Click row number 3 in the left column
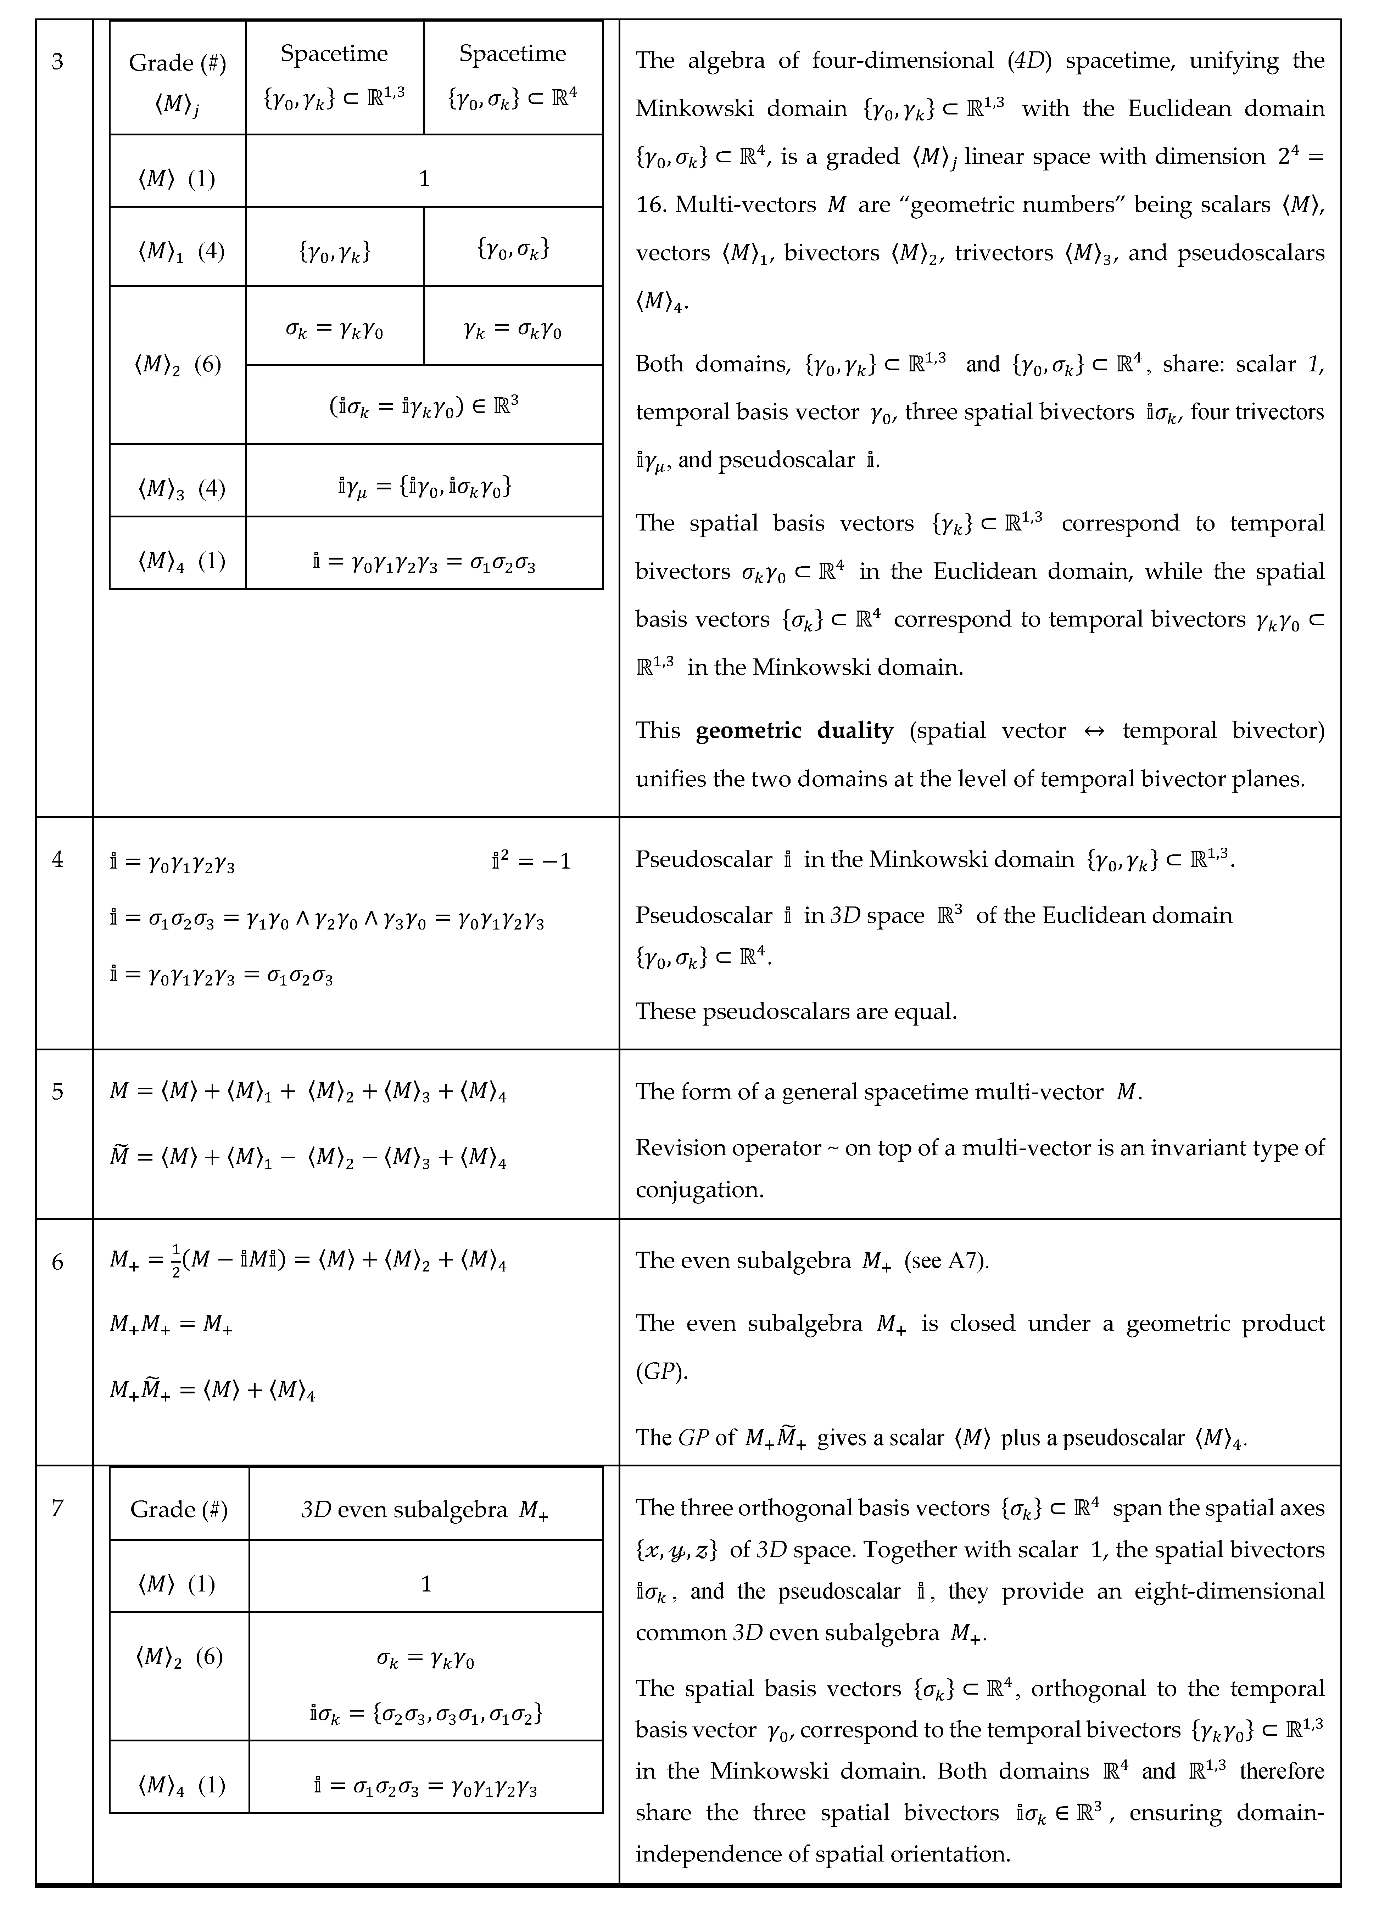(57, 61)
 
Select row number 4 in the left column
(57, 859)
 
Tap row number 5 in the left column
(57, 1092)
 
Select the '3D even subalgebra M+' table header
(425, 1510)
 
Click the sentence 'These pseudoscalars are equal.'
(795, 1011)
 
